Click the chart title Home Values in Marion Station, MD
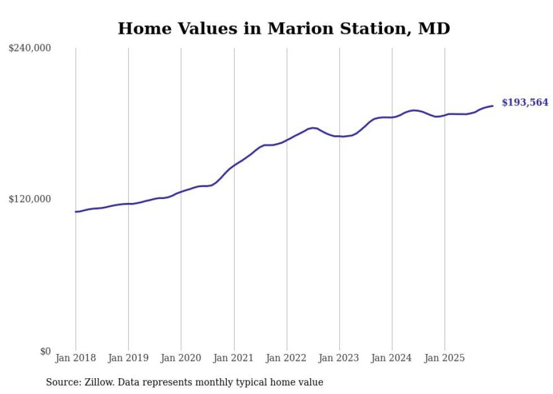(284, 28)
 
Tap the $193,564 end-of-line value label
(525, 103)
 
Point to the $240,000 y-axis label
(30, 48)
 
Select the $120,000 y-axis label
(30, 199)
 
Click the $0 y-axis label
(45, 351)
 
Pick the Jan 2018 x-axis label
(76, 358)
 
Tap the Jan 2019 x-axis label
(128, 358)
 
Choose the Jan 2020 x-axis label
(181, 358)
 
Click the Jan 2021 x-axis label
(234, 358)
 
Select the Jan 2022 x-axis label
(287, 358)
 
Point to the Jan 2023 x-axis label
(339, 358)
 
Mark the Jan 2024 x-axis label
(392, 358)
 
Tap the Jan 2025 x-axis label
(445, 358)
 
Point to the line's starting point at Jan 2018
(76, 212)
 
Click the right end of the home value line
(493, 105)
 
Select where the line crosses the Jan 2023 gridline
(339, 136)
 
